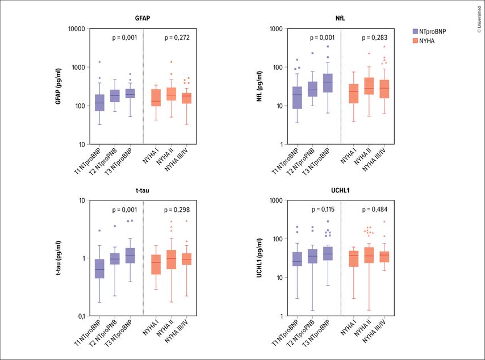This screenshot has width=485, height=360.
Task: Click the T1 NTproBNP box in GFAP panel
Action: click(x=99, y=102)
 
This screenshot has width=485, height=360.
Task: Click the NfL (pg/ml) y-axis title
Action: click(x=260, y=86)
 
